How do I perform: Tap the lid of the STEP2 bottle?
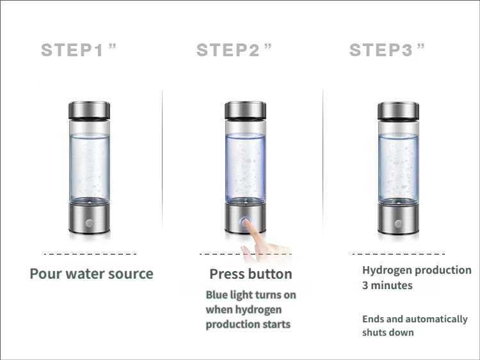[x=244, y=111]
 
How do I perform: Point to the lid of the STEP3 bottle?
[x=398, y=111]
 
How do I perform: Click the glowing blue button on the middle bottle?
[x=244, y=223]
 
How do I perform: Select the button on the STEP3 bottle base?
[x=398, y=223]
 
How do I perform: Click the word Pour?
[x=45, y=274]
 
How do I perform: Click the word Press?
[x=227, y=274]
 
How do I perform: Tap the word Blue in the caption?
[x=216, y=295]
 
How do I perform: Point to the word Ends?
[x=374, y=319]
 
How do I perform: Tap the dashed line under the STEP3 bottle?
[x=400, y=253]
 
